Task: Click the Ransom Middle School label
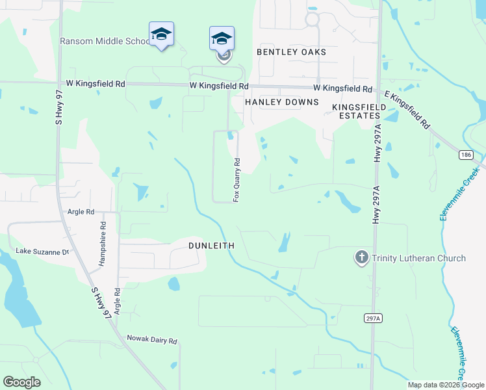pyautogui.click(x=104, y=41)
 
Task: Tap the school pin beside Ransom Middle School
pyautogui.click(x=161, y=34)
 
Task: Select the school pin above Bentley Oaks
pyautogui.click(x=222, y=38)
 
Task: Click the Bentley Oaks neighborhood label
pyautogui.click(x=291, y=51)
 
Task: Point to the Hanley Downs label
pyautogui.click(x=281, y=102)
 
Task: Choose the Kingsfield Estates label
pyautogui.click(x=355, y=110)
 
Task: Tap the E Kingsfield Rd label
pyautogui.click(x=408, y=109)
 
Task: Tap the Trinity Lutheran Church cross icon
pyautogui.click(x=361, y=258)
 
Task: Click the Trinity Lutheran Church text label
pyautogui.click(x=418, y=258)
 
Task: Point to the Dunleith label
pyautogui.click(x=211, y=246)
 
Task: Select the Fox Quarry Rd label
pyautogui.click(x=237, y=179)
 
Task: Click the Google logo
pyautogui.click(x=21, y=382)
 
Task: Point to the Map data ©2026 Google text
pyautogui.click(x=445, y=385)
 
